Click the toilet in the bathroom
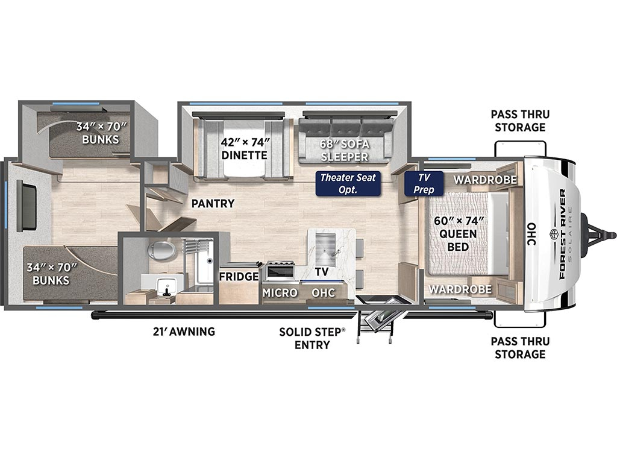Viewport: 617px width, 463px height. pyautogui.click(x=161, y=250)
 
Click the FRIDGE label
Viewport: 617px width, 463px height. pyautogui.click(x=239, y=277)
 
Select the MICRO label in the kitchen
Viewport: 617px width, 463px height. pyautogui.click(x=280, y=293)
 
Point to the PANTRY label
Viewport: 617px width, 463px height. pyautogui.click(x=213, y=204)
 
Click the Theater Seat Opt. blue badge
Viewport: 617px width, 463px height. pyautogui.click(x=348, y=183)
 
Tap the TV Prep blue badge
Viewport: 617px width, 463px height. pyautogui.click(x=424, y=183)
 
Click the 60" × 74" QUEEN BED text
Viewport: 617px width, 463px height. pyautogui.click(x=459, y=234)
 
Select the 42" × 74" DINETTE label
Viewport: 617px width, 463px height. pyautogui.click(x=245, y=148)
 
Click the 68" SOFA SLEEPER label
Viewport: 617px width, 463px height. pyautogui.click(x=344, y=150)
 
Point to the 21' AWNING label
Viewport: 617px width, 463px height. pyautogui.click(x=184, y=332)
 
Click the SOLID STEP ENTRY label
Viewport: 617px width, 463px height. pyautogui.click(x=312, y=338)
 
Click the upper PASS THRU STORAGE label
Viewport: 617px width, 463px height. pyautogui.click(x=520, y=121)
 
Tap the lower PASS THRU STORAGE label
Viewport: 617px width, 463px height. pyautogui.click(x=520, y=348)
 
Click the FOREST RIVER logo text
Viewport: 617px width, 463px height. pyautogui.click(x=562, y=235)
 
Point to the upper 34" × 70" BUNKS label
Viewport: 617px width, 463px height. pyautogui.click(x=101, y=133)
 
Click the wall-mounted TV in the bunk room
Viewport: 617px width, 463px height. pyautogui.click(x=26, y=206)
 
